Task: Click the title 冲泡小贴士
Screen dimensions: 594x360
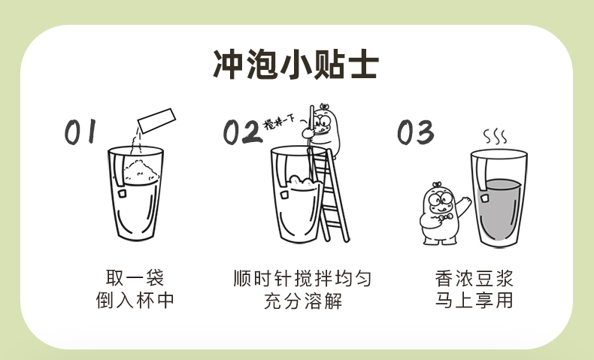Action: pyautogui.click(x=295, y=65)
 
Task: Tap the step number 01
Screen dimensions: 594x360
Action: pyautogui.click(x=80, y=132)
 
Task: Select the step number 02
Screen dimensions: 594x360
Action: pyautogui.click(x=242, y=132)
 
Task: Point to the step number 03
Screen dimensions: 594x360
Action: pyautogui.click(x=416, y=132)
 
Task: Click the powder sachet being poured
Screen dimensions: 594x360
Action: pyautogui.click(x=156, y=120)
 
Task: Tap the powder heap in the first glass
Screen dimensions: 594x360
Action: pyautogui.click(x=141, y=171)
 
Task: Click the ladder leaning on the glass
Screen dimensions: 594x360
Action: pyautogui.click(x=329, y=195)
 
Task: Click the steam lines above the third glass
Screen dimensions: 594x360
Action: pyautogui.click(x=495, y=137)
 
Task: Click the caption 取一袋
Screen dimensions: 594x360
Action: pyautogui.click(x=135, y=278)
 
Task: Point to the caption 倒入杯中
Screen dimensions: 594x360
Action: pyautogui.click(x=135, y=300)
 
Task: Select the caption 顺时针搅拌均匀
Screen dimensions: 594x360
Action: pyautogui.click(x=302, y=278)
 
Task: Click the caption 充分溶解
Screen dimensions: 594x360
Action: pyautogui.click(x=303, y=301)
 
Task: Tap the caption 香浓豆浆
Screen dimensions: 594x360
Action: pyautogui.click(x=474, y=278)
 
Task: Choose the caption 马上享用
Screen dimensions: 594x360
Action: pyautogui.click(x=474, y=300)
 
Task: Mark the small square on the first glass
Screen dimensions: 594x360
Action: pyautogui.click(x=122, y=193)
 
